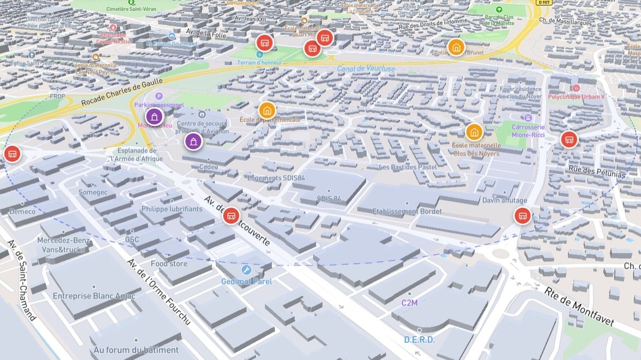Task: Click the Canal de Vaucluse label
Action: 366,68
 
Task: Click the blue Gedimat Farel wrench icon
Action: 246,270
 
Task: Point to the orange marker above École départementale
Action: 267,110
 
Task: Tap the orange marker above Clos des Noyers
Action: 474,131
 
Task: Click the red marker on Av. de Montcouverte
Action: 231,215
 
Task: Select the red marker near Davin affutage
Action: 522,216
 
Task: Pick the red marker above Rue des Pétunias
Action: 569,139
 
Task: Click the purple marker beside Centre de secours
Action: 193,142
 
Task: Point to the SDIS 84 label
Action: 329,199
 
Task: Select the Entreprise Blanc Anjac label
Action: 94,296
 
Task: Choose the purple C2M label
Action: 410,303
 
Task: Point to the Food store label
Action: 169,263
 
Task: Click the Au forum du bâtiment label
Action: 136,350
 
